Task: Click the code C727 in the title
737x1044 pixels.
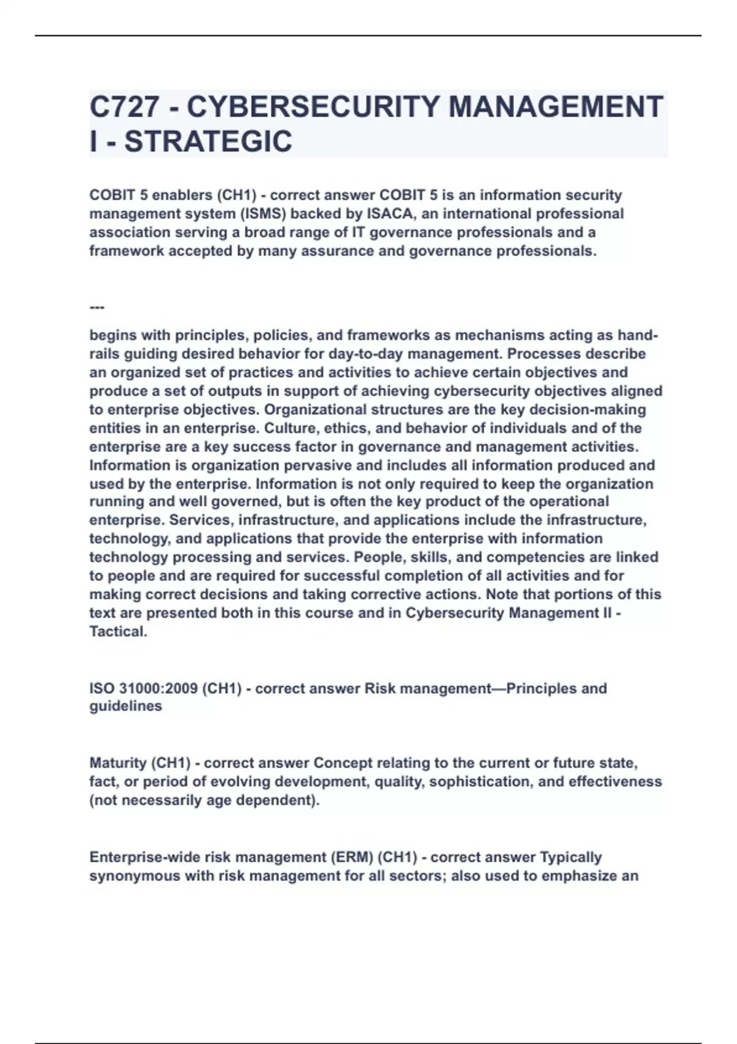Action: click(124, 107)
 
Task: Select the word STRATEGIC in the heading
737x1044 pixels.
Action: click(208, 142)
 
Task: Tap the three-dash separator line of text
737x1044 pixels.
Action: click(97, 307)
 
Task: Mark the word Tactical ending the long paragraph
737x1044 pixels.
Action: click(118, 631)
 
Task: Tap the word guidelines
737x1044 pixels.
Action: click(126, 706)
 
